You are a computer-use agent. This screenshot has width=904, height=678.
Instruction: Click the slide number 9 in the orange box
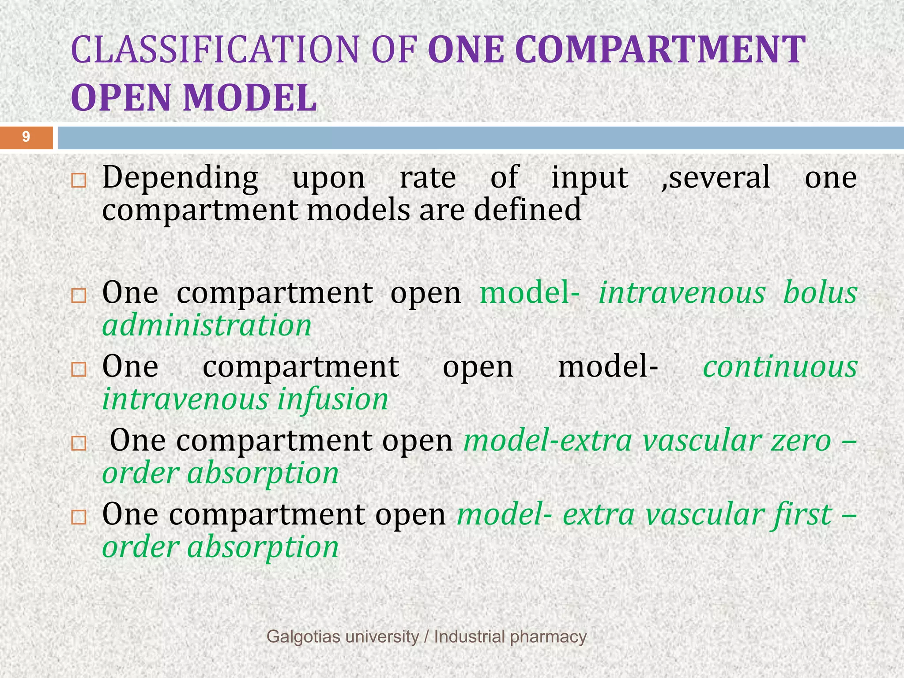(26, 137)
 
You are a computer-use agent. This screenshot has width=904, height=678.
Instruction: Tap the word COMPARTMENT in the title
(660, 49)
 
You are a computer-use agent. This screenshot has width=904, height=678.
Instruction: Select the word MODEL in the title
(250, 98)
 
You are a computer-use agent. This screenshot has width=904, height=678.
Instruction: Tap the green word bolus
(820, 293)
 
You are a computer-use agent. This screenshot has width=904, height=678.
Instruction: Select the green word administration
(207, 326)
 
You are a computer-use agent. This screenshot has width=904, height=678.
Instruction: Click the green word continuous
(780, 367)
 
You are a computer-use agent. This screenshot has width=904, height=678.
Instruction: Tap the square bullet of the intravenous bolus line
(79, 295)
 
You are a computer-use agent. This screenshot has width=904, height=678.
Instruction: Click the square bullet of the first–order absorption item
(79, 517)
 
